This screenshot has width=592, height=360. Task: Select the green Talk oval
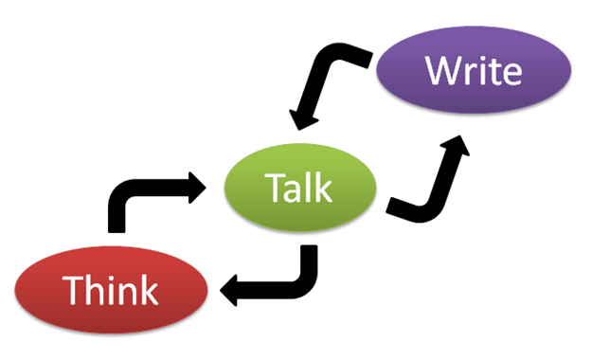click(298, 187)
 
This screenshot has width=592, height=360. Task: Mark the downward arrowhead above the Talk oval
click(305, 121)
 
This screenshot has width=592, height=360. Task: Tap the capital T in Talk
click(274, 188)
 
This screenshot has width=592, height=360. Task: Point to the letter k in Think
click(145, 289)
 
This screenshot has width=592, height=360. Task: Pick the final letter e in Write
click(510, 74)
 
